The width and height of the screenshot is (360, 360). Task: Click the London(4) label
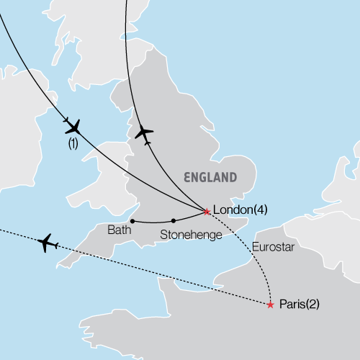point(241,210)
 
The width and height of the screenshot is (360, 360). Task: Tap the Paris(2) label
point(297,305)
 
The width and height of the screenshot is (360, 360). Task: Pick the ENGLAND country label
point(210,177)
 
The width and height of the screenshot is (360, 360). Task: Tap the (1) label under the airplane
point(73,143)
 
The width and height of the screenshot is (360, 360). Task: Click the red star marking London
point(207,212)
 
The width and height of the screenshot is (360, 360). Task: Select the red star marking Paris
point(270,305)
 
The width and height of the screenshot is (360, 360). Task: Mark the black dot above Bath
point(132,220)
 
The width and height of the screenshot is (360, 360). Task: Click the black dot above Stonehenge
point(174,220)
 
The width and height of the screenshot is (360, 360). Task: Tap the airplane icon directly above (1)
point(73,127)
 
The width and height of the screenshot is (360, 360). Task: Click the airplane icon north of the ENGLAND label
point(144,132)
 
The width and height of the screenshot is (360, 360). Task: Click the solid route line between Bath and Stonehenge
point(153,222)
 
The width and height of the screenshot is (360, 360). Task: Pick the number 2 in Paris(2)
point(310,305)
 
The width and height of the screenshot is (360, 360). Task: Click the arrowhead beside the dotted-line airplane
point(58,246)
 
